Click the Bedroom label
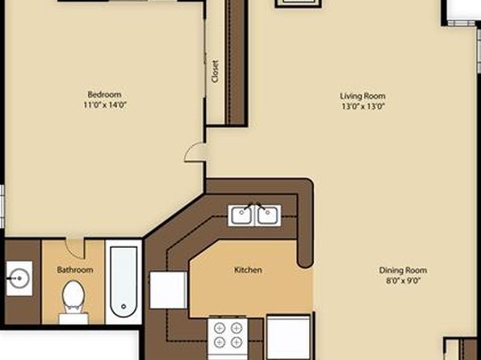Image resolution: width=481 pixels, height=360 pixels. point(104,94)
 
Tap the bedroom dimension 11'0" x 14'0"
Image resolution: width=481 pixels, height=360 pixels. point(105,105)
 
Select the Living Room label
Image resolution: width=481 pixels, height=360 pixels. point(362,96)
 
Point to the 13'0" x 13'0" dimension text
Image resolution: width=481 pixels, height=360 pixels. point(363,107)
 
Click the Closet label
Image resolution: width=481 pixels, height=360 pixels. point(215,71)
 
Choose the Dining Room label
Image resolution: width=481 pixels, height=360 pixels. point(403,270)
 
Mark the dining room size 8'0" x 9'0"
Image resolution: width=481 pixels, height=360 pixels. point(403,281)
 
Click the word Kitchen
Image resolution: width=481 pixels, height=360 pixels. point(248,270)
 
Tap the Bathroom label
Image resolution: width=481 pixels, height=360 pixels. point(75,270)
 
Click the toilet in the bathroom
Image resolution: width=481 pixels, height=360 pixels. point(73,302)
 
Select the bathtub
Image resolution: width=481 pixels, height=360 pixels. point(123,282)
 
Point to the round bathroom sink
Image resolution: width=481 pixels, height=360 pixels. point(19,278)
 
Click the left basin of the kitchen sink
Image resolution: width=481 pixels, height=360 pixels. point(241,216)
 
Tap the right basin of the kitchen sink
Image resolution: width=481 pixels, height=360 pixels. point(268,216)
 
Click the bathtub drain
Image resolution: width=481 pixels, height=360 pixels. point(123,306)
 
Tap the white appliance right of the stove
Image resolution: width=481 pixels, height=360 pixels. point(288,337)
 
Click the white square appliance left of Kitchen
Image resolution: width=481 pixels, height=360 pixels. point(168,290)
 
